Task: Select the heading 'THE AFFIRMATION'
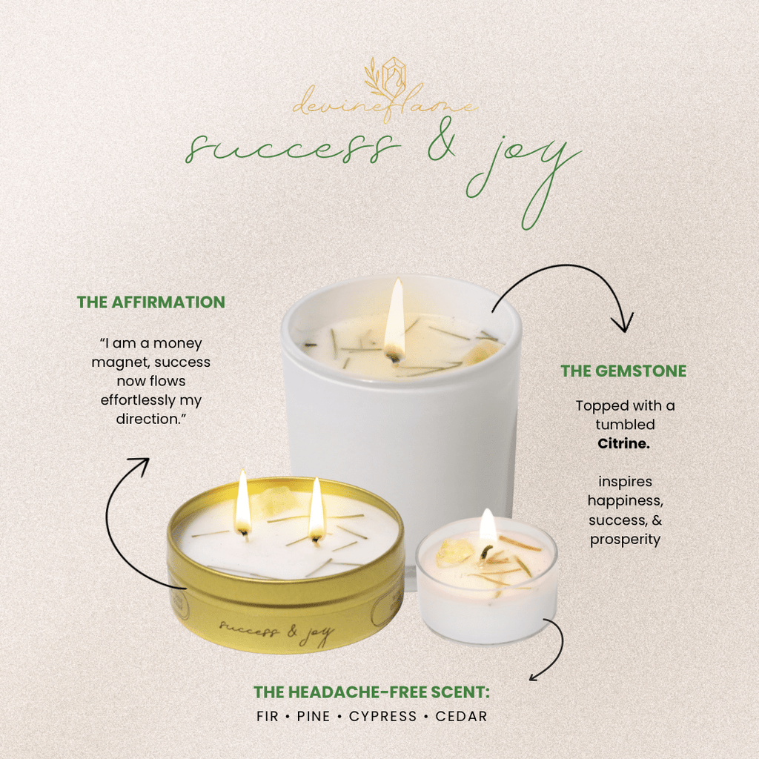[151, 302]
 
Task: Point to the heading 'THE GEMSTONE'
[623, 371]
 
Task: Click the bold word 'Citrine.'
[625, 443]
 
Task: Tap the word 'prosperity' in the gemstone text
[625, 539]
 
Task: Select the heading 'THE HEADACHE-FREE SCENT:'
[372, 692]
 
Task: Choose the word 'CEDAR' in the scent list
[461, 716]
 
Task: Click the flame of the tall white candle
[394, 319]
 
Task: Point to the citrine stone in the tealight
[448, 553]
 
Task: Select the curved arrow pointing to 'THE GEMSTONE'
[563, 293]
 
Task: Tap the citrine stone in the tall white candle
[480, 353]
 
